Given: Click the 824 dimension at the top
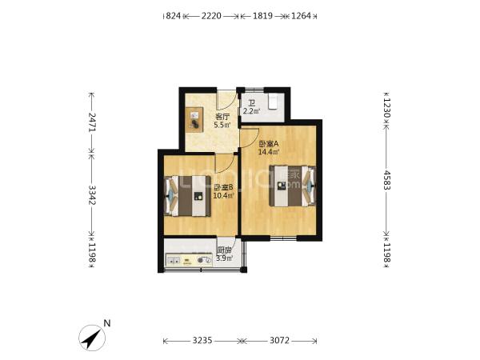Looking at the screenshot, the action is (174, 16).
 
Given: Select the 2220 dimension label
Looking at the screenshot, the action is (211, 16).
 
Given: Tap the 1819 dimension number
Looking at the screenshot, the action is (262, 16).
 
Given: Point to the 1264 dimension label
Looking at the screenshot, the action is (301, 16).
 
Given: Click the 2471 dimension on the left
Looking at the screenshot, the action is (92, 122).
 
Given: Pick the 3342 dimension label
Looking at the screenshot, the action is (92, 195).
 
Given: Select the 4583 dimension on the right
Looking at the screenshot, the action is (387, 180).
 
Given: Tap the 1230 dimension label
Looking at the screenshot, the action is (387, 108).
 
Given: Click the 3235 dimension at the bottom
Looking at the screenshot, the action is (202, 341).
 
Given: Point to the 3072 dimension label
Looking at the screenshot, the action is (279, 341).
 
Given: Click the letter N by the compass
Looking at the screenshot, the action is (107, 323).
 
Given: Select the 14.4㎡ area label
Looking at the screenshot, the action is (269, 152).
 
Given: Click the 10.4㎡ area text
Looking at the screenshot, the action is (223, 195).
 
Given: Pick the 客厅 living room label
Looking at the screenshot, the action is (222, 117).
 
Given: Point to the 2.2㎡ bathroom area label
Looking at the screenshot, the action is (251, 111).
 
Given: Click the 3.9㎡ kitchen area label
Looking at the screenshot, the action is (224, 258).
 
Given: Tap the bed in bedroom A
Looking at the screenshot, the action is (292, 186).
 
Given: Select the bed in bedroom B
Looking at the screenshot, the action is (187, 196).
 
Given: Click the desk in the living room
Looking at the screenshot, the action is (194, 120).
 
